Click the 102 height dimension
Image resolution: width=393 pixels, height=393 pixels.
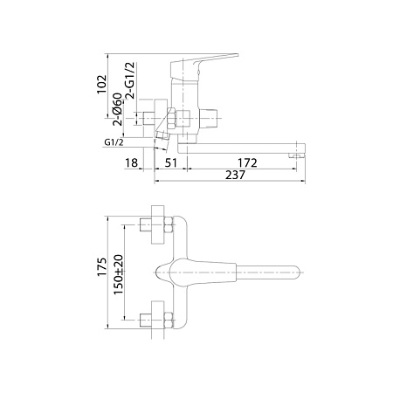[101, 85]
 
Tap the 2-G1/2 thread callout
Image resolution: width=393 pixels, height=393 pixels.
[130, 80]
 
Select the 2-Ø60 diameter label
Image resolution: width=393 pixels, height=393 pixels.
[117, 109]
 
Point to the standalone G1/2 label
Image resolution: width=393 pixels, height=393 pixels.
[114, 142]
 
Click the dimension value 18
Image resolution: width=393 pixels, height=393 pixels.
[131, 162]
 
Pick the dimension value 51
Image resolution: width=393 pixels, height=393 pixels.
[171, 162]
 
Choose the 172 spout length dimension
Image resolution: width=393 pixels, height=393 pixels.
[247, 162]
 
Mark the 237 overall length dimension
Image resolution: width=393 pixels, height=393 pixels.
[235, 175]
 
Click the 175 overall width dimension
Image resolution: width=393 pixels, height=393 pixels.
[102, 266]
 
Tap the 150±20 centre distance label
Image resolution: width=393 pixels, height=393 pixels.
[119, 274]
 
